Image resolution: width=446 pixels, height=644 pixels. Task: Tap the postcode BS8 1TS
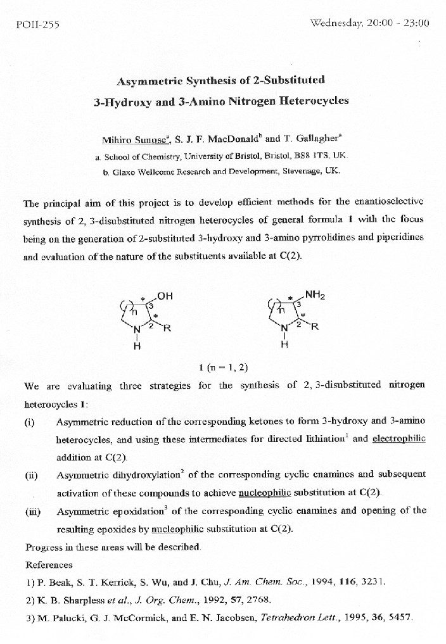click(310, 155)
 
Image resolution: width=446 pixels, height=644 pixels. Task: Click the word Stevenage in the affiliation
click(295, 171)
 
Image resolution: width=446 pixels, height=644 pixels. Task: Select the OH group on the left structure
click(165, 296)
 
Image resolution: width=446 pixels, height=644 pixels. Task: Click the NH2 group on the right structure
click(315, 294)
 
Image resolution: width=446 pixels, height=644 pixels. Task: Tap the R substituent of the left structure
click(167, 329)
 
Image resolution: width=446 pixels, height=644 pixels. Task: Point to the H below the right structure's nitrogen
click(284, 346)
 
